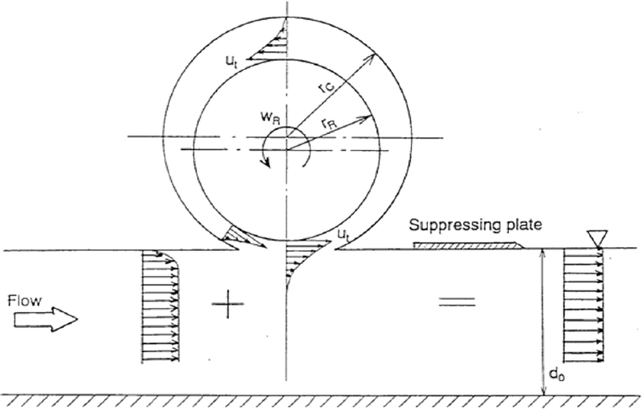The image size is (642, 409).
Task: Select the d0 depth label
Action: click(555, 374)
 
